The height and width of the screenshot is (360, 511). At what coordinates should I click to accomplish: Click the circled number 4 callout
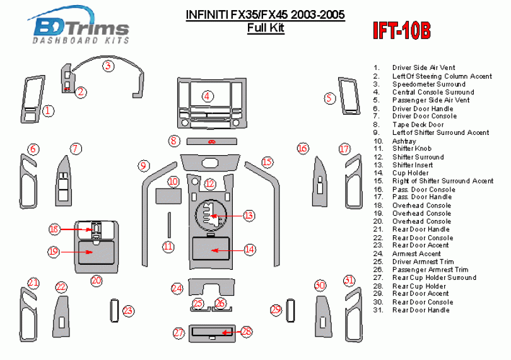[x=208, y=96]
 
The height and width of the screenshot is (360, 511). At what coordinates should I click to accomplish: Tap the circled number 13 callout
[x=249, y=216]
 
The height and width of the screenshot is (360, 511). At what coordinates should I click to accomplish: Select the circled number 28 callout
[x=247, y=331]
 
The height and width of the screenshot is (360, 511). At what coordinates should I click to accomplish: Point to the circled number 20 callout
[x=96, y=280]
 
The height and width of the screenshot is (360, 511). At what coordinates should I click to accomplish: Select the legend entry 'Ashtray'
[x=404, y=141]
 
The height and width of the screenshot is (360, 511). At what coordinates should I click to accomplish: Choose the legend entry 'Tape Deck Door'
[x=418, y=125]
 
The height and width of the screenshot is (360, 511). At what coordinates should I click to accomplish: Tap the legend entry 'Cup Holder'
[x=410, y=173]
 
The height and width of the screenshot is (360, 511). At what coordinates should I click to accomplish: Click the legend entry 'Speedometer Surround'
[x=428, y=84]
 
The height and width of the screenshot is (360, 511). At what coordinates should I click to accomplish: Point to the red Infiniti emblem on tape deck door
[x=211, y=141]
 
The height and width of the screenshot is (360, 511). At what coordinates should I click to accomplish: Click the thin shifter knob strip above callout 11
[x=168, y=223]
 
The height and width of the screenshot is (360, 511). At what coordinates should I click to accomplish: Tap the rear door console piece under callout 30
[x=321, y=313]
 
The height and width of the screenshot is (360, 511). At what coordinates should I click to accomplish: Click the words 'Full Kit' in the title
[x=265, y=28]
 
